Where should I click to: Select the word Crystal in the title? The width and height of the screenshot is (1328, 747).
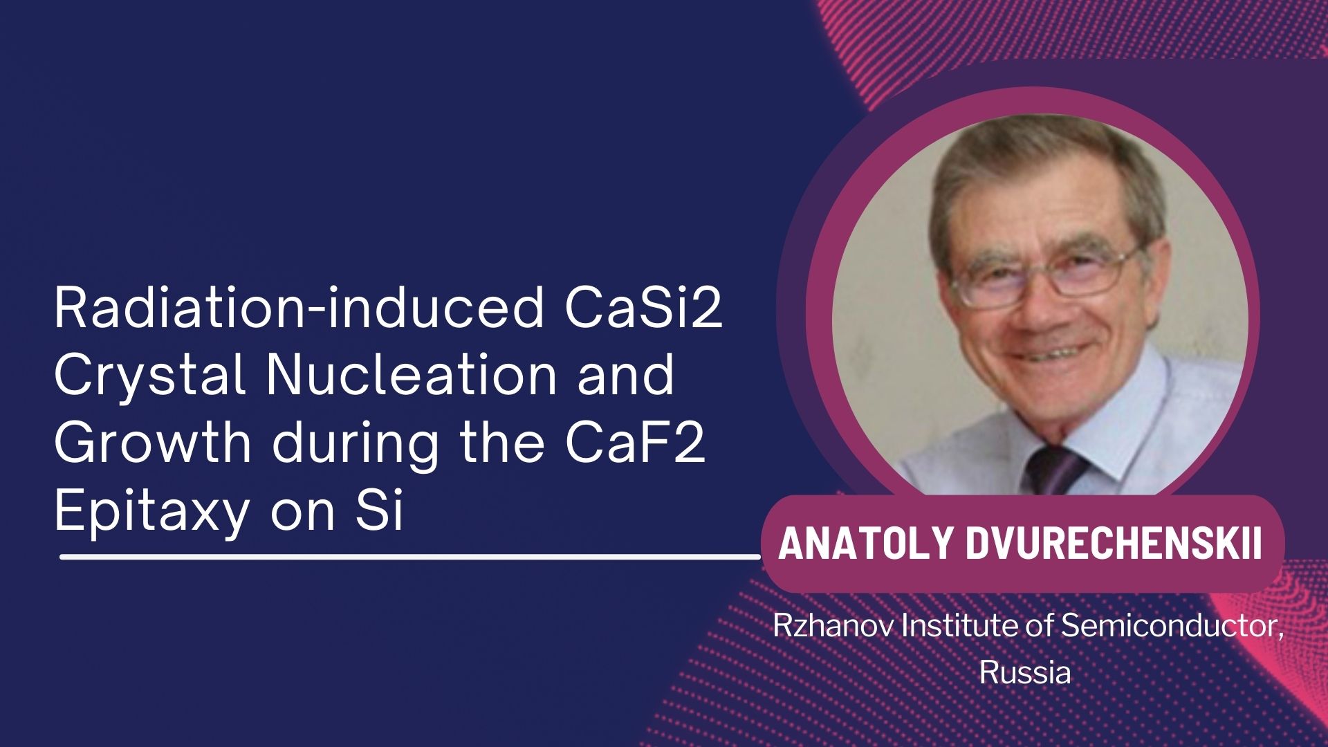point(151,375)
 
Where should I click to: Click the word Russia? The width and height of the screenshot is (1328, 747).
point(1025,672)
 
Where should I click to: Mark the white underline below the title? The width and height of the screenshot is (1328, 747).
point(410,556)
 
